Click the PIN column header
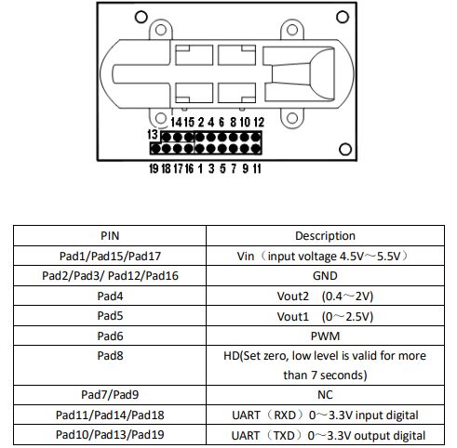110,236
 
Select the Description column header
325,236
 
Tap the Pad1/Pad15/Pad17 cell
110,256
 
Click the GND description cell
325,275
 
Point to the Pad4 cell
110,296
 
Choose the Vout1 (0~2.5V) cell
325,316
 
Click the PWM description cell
325,336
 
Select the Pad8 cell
110,365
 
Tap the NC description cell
325,395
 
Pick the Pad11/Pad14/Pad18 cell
110,415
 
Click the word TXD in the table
284,435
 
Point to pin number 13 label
153,135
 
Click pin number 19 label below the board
154,168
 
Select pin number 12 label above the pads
259,122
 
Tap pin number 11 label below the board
257,168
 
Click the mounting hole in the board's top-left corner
141,17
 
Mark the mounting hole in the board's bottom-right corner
345,150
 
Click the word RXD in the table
285,415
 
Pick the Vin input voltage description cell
325,256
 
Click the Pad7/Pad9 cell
110,395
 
